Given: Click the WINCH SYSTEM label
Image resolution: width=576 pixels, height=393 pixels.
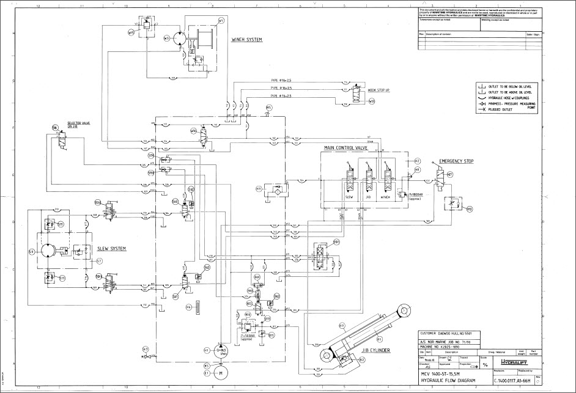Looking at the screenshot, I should click(246, 40).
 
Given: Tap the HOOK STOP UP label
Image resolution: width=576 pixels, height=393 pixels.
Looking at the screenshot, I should click(378, 90).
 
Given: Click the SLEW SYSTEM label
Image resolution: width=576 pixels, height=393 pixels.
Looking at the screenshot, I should click(111, 249).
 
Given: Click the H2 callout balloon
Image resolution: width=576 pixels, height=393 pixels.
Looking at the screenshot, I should click(417, 160).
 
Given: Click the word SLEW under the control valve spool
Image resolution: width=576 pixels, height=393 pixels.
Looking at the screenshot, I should click(350, 197).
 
